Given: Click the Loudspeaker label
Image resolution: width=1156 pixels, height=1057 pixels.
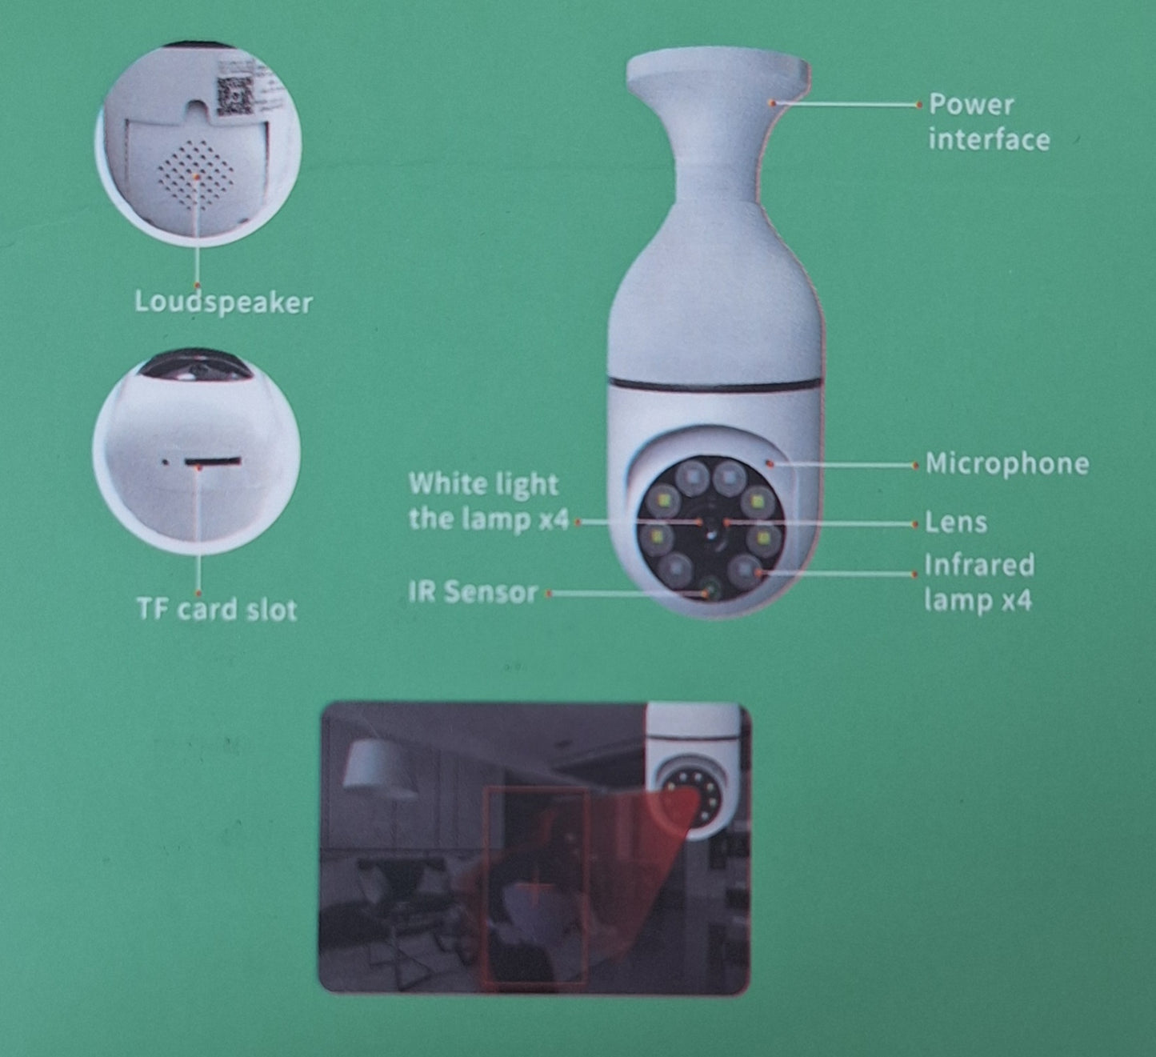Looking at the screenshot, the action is [x=223, y=302].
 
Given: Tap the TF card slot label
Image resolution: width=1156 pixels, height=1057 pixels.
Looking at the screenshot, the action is [x=218, y=609].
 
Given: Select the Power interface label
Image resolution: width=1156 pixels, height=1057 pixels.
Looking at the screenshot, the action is [x=989, y=122].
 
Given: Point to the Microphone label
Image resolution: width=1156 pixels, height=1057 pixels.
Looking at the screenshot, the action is [x=1007, y=464].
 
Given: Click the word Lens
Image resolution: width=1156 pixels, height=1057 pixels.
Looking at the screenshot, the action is [x=956, y=522].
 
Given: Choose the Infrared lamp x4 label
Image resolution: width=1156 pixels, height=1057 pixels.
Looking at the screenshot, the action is [x=979, y=583].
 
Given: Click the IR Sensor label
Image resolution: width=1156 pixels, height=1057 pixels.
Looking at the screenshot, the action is [x=473, y=593].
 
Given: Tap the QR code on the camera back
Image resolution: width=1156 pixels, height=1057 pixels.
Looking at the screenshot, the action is [x=234, y=95].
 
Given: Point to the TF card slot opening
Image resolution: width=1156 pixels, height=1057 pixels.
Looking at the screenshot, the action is [x=212, y=462].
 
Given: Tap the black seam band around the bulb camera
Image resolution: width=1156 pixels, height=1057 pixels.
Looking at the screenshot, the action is [x=714, y=385].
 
